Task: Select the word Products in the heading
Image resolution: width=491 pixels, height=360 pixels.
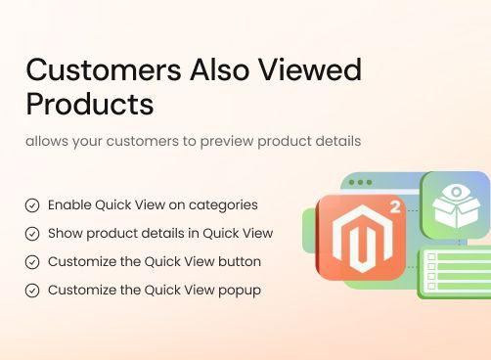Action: [90, 104]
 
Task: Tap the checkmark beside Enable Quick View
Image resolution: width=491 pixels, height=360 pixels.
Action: [32, 205]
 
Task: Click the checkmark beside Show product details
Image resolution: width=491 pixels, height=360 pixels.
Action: [32, 234]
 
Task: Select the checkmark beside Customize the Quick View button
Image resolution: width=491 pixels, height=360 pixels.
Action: [32, 262]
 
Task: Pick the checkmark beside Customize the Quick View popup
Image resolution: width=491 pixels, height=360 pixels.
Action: [32, 291]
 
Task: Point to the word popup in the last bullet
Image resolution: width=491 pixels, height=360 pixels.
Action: [240, 291]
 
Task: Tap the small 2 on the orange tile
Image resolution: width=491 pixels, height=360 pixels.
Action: [394, 206]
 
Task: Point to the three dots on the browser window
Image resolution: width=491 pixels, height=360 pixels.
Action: [360, 183]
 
